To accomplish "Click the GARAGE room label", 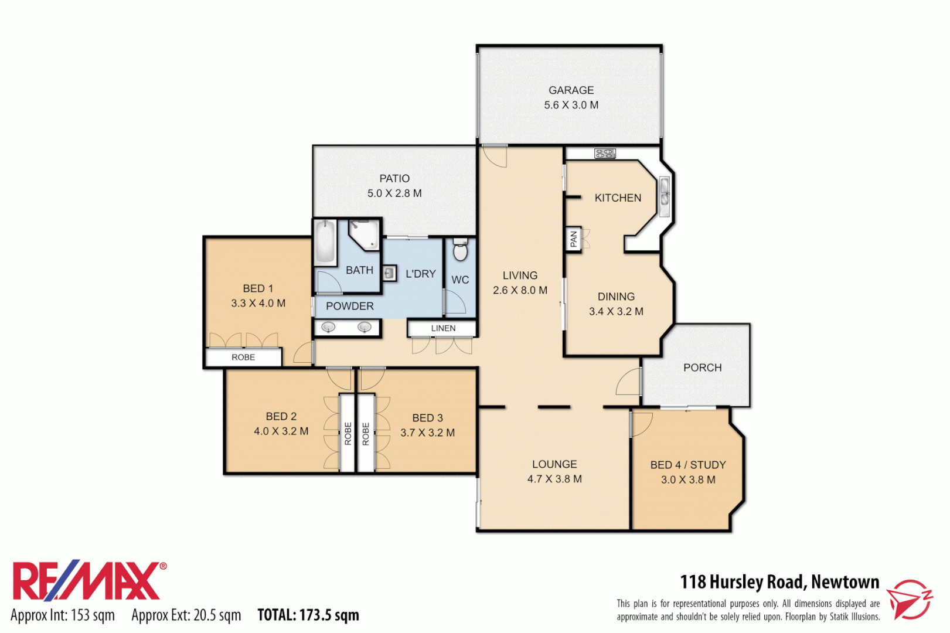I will tap(571, 90).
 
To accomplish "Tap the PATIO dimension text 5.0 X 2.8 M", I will tap(394, 193).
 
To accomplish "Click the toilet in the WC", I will tap(461, 251).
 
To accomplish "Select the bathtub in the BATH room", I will tap(325, 241).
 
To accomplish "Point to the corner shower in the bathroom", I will tap(363, 234).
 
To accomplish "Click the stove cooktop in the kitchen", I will tap(605, 154).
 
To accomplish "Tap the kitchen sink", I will tap(665, 192).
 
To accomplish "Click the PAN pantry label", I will tap(573, 239).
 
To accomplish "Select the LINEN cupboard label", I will tap(443, 328).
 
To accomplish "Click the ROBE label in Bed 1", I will tap(243, 357).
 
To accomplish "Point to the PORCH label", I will tap(702, 367).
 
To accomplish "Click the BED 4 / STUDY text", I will tap(688, 465).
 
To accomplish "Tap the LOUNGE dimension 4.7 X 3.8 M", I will tap(554, 479).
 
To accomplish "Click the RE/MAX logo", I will tap(88, 581).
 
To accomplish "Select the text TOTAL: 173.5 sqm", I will tap(308, 615).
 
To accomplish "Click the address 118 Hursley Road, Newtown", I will tap(779, 582).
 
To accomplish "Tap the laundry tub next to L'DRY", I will tap(389, 273).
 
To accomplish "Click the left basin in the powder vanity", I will tap(329, 327).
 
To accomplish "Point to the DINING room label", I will tap(616, 297).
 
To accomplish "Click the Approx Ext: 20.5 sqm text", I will tap(186, 615).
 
